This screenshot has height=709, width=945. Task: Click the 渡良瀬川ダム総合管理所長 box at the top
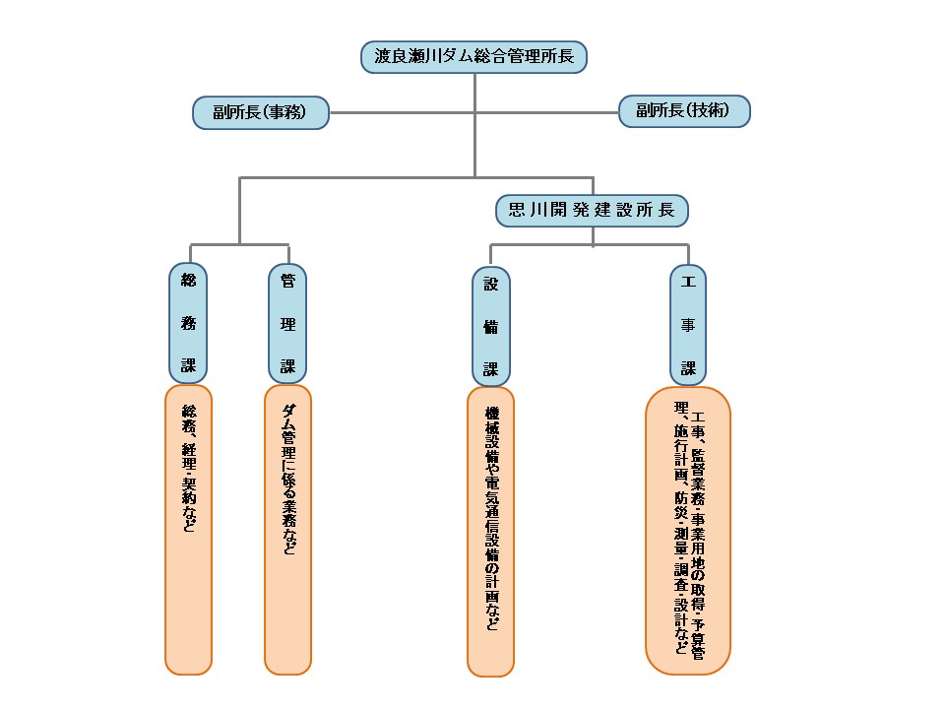point(474,56)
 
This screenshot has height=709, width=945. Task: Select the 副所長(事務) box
point(260,112)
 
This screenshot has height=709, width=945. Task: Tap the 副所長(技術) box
point(684,111)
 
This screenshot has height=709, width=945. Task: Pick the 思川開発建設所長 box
point(592,210)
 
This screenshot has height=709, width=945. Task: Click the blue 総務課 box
point(188,323)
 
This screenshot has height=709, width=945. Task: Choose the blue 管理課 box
point(287,323)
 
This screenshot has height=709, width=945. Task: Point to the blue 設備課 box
point(490,325)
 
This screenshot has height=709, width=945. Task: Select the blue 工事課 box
point(688,323)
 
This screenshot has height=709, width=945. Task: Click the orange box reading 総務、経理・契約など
point(188,529)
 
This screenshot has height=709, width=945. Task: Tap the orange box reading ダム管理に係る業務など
point(287,529)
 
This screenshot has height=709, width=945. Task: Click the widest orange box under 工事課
point(688,530)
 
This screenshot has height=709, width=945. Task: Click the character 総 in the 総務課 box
point(188,281)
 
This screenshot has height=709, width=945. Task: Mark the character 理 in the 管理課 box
point(287,324)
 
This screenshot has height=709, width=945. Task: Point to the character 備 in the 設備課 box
point(490,327)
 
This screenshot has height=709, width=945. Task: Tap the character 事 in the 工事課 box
point(688,325)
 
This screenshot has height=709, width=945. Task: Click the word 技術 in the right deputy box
point(710,111)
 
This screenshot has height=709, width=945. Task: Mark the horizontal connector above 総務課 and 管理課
point(239,244)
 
